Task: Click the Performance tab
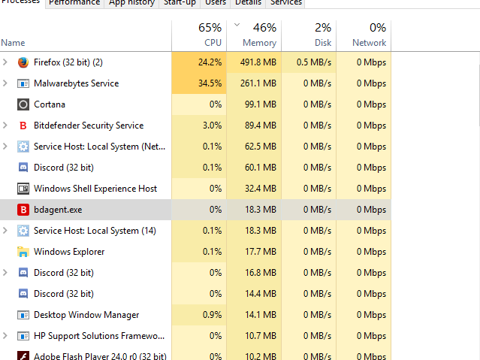74,3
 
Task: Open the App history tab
131,3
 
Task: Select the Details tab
248,3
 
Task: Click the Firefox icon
23,62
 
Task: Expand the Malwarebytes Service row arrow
6,83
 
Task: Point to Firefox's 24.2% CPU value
210,62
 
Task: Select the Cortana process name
50,104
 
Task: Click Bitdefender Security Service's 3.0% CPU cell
212,126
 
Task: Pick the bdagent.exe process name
58,210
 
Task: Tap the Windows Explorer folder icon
23,252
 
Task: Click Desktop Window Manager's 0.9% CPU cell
212,315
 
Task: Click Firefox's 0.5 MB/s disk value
313,62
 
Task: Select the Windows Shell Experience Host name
95,189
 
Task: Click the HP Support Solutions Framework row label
98,336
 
